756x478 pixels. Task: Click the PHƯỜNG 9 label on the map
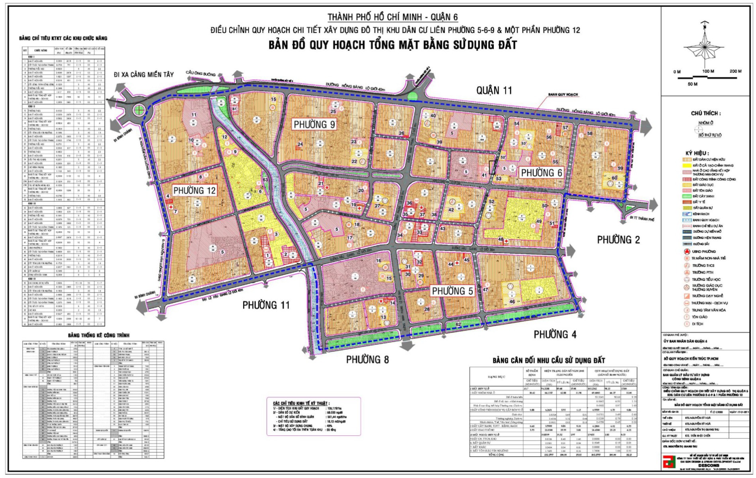click(x=314, y=125)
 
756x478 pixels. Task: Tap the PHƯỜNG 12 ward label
click(x=194, y=190)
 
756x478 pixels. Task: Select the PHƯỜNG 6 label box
click(x=542, y=173)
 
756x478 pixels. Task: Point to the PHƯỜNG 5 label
click(x=452, y=291)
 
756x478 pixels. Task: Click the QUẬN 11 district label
click(x=494, y=90)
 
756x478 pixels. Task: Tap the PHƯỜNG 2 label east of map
click(x=618, y=240)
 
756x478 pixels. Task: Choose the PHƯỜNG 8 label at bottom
click(x=367, y=359)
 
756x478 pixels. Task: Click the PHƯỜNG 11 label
click(x=266, y=305)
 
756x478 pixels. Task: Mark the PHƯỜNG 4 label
click(x=555, y=334)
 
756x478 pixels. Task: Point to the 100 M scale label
click(x=708, y=71)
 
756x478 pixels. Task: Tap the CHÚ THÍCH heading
click(x=706, y=113)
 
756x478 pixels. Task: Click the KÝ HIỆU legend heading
click(x=697, y=153)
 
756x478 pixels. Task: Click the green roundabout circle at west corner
click(x=139, y=110)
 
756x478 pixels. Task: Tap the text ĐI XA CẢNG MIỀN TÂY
click(x=143, y=74)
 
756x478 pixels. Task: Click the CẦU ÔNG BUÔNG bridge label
click(x=200, y=74)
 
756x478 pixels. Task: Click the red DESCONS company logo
click(x=668, y=462)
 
